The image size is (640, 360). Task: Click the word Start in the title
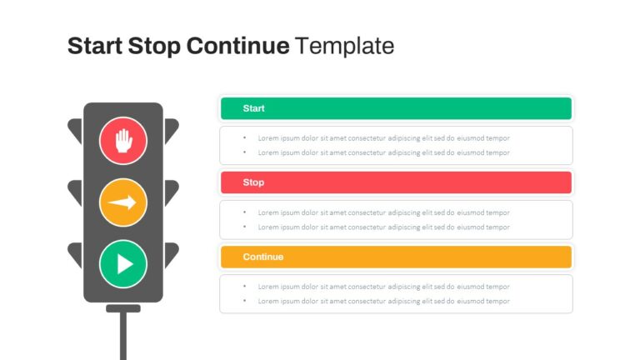pyautogui.click(x=95, y=45)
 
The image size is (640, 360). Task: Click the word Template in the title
pyautogui.click(x=345, y=46)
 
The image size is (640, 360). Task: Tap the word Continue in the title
pyautogui.click(x=238, y=45)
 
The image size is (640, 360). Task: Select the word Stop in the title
pyautogui.click(x=154, y=47)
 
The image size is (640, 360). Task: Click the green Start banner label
pyautogui.click(x=253, y=108)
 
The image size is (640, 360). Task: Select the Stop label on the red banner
pyautogui.click(x=253, y=182)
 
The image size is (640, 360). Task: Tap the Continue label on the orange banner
pyautogui.click(x=262, y=257)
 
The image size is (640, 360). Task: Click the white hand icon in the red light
pyautogui.click(x=123, y=141)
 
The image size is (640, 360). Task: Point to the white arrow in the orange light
pyautogui.click(x=122, y=202)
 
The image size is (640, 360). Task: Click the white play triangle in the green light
pyautogui.click(x=125, y=263)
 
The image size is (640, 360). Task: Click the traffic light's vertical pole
pyautogui.click(x=123, y=336)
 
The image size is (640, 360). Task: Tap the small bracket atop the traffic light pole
pyautogui.click(x=123, y=308)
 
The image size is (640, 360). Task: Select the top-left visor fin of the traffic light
pyautogui.click(x=76, y=131)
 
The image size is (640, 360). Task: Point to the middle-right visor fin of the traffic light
pyautogui.click(x=171, y=192)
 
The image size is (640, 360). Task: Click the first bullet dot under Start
pyautogui.click(x=244, y=137)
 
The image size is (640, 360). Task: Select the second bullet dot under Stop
pyautogui.click(x=244, y=227)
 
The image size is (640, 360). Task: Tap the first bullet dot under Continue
pyautogui.click(x=244, y=286)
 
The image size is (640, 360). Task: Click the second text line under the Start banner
pyautogui.click(x=383, y=152)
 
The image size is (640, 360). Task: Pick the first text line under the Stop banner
pyautogui.click(x=383, y=212)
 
